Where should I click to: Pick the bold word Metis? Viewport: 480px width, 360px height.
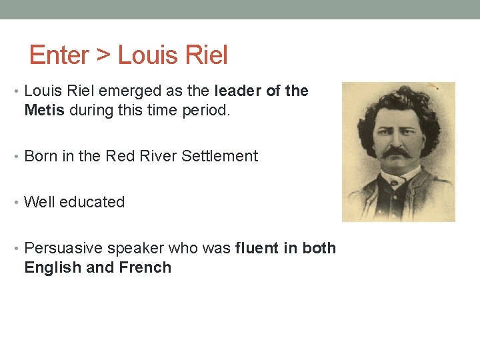coord(44,110)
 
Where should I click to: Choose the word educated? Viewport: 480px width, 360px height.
coord(92,202)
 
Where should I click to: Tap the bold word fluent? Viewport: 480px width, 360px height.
coord(257,249)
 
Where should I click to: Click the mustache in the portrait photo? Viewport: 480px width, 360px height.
coord(397,153)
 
